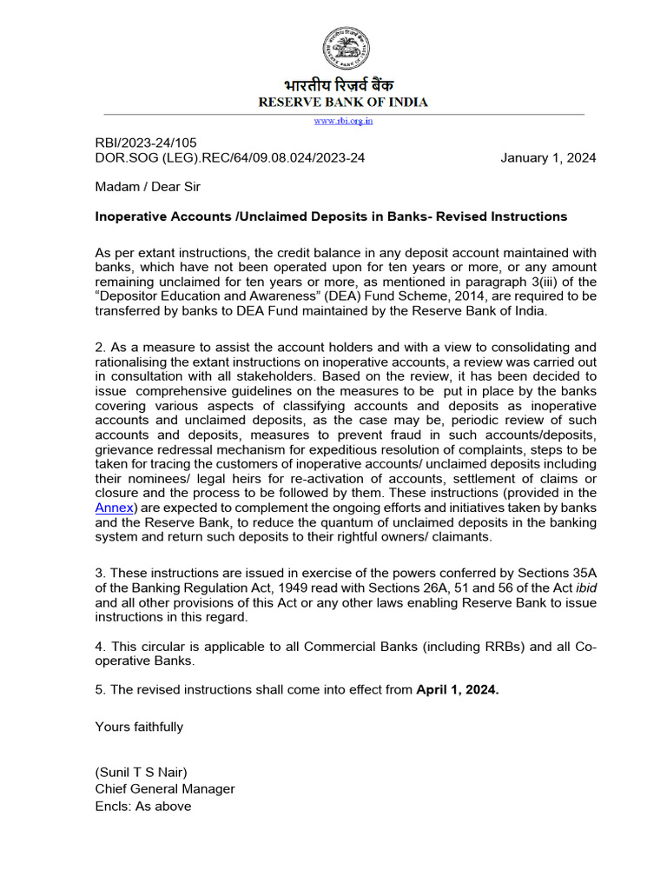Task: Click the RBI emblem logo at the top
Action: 346,50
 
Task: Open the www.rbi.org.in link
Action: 344,122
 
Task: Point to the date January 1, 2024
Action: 548,158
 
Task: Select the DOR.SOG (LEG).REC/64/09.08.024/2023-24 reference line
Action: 229,158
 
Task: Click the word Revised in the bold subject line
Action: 468,216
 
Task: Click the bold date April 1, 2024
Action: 458,690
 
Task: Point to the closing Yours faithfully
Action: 139,727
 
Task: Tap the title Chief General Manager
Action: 165,789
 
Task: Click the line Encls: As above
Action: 143,806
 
